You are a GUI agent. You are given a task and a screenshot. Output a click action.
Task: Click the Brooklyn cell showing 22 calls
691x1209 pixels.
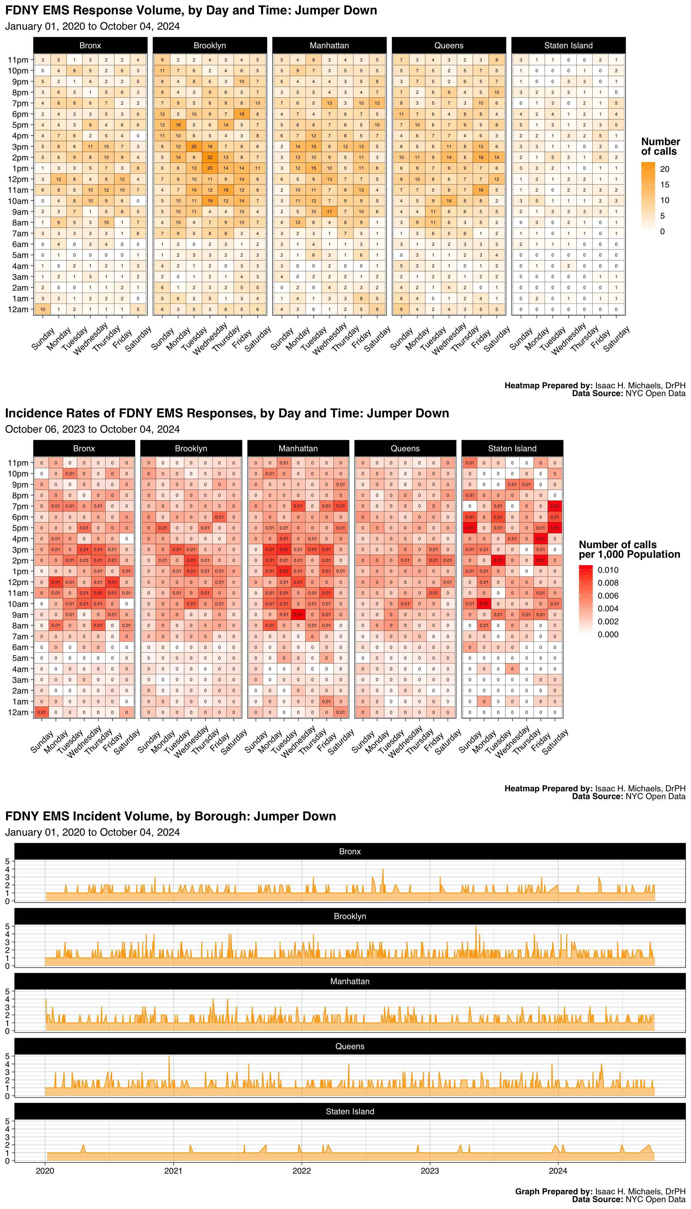(x=210, y=157)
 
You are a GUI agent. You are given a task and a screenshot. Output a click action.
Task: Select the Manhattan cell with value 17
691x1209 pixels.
(x=329, y=212)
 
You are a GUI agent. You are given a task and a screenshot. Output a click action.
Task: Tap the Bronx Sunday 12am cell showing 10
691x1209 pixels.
(x=43, y=309)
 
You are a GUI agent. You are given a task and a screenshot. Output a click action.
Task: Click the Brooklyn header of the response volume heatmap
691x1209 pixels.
(x=210, y=46)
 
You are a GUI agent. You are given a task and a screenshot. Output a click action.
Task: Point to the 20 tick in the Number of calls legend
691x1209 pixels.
(x=665, y=169)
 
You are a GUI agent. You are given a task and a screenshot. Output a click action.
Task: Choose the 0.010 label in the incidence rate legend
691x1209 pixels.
(x=608, y=570)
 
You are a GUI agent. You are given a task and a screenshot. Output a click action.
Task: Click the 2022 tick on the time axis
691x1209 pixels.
(x=302, y=1171)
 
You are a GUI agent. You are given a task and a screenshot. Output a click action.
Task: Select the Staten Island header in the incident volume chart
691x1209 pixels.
(x=350, y=1111)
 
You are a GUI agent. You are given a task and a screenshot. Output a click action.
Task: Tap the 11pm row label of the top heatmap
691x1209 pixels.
(x=18, y=60)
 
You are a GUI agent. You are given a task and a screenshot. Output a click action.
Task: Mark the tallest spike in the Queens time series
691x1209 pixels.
(x=169, y=1056)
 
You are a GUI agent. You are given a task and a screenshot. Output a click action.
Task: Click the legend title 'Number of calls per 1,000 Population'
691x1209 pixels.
(x=629, y=549)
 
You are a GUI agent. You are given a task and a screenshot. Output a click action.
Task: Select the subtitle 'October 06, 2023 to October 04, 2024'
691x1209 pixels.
(x=93, y=429)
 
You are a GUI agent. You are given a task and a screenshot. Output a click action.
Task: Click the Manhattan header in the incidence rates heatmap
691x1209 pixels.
(x=298, y=448)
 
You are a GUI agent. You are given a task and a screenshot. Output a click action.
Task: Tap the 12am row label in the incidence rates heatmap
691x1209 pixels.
(x=18, y=712)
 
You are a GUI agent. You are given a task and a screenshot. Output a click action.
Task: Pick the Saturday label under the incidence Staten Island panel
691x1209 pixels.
(x=555, y=741)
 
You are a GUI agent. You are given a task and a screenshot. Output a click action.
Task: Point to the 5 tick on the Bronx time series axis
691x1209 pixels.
(x=7, y=861)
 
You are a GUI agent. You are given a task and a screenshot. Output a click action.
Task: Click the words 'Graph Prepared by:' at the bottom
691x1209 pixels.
(x=553, y=1191)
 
